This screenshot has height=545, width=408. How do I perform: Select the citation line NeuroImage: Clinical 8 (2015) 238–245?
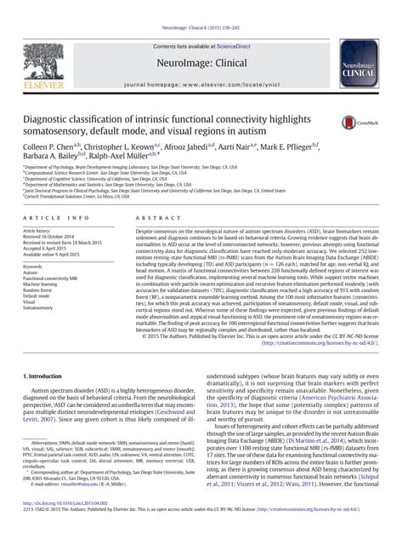(x=203, y=5)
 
